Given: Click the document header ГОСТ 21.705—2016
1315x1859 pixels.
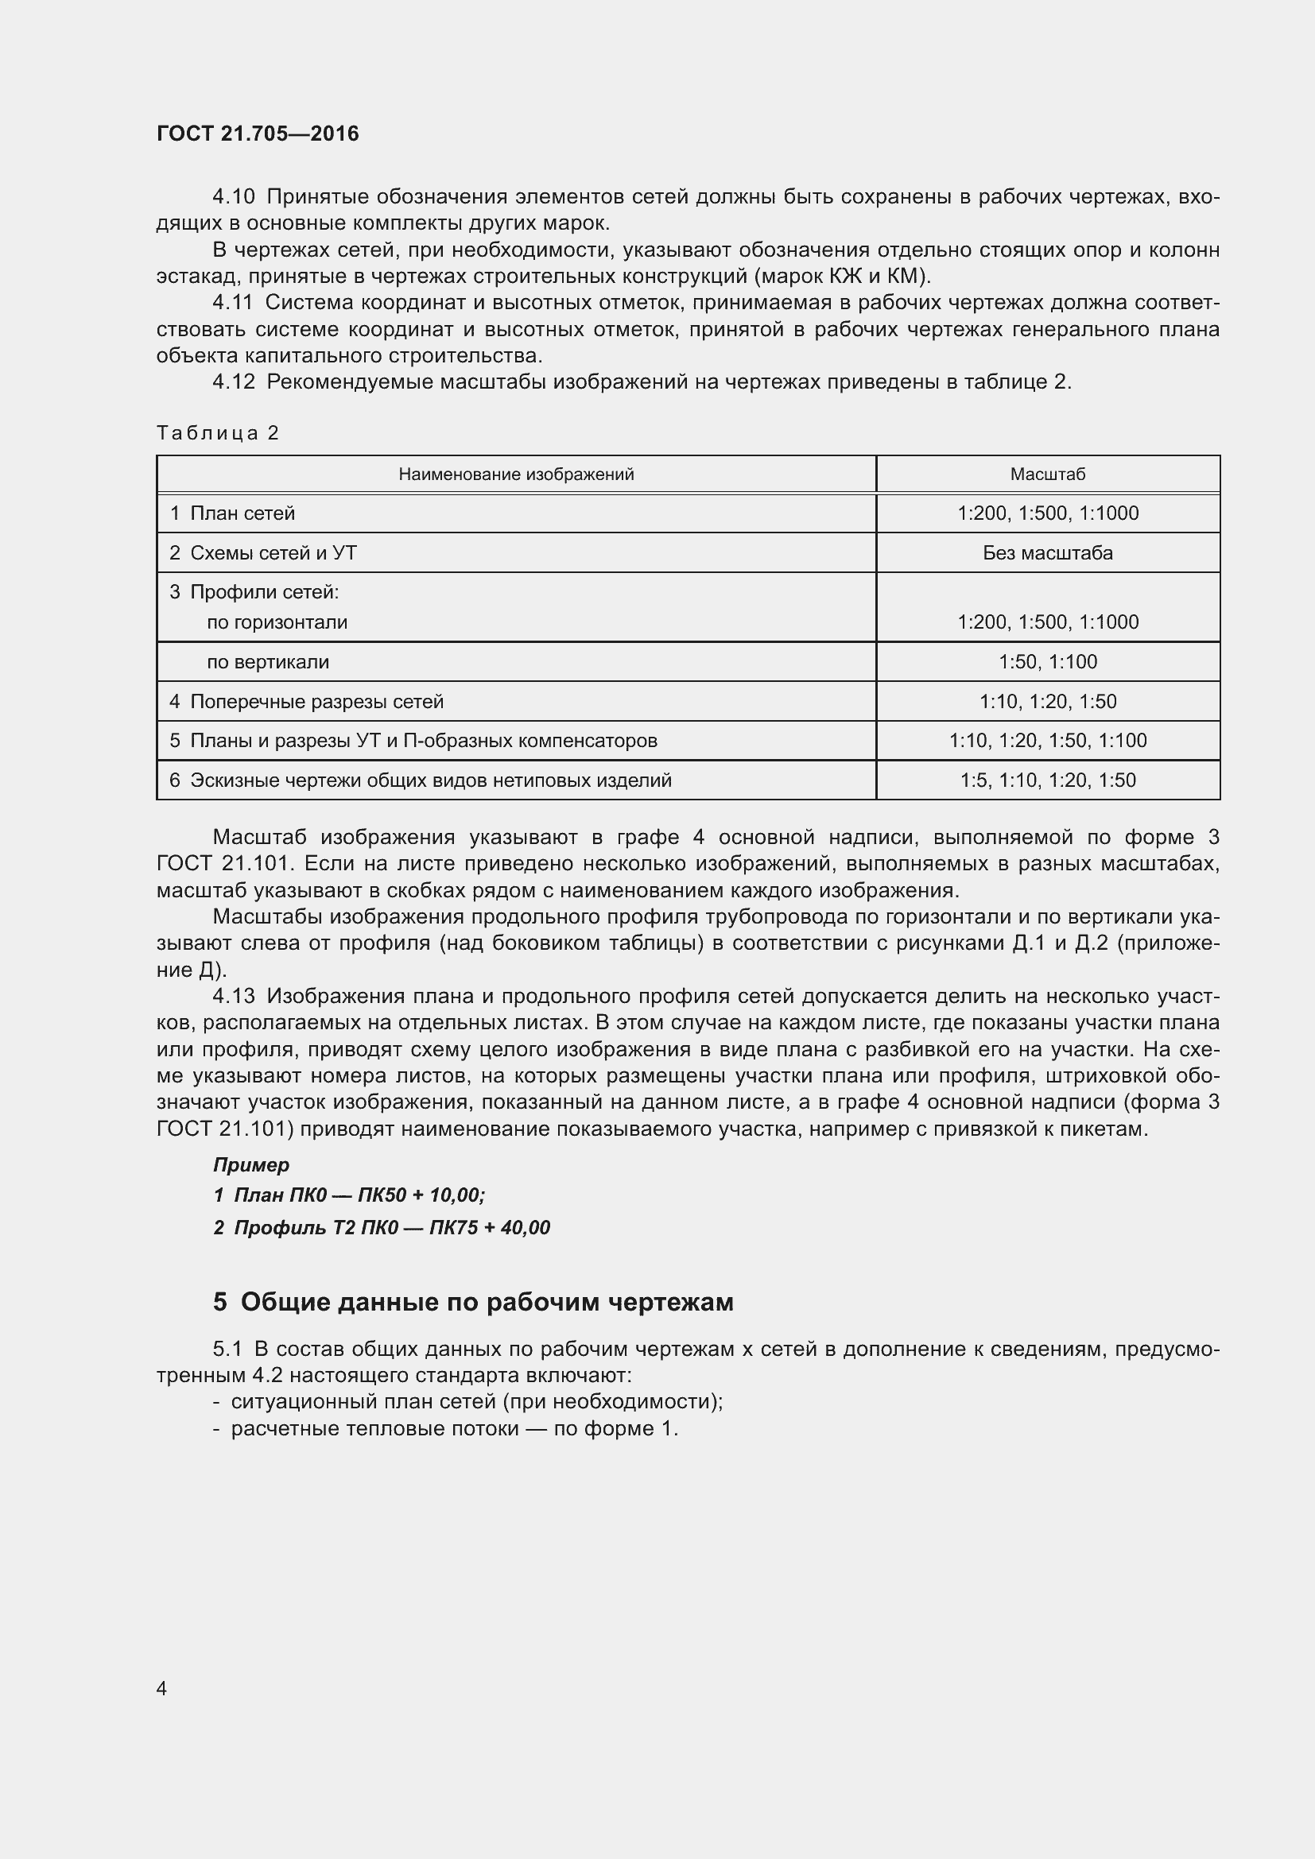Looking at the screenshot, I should click(x=258, y=134).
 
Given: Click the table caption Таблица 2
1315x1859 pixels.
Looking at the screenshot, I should click(x=217, y=433).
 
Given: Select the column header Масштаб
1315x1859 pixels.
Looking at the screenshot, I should click(x=1047, y=474).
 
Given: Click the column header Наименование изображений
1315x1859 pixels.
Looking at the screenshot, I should click(x=516, y=474).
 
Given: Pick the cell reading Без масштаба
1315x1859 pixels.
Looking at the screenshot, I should click(x=1047, y=553).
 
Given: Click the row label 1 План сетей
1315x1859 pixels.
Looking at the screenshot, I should click(x=232, y=513).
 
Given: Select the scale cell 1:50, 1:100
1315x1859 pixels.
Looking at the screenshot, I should click(x=1047, y=661).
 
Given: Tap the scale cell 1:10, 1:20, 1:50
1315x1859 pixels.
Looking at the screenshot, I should click(x=1047, y=701).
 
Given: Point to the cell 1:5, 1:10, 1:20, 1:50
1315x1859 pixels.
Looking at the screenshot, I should click(x=1047, y=780).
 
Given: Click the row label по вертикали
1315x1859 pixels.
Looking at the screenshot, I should click(x=268, y=661).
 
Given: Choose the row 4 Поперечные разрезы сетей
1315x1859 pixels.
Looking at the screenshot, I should click(x=307, y=701).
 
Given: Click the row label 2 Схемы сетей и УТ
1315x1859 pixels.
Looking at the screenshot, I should click(x=263, y=553).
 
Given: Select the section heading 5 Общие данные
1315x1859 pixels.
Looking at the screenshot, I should click(x=473, y=1302).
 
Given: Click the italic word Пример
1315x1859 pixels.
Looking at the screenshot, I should click(x=251, y=1165).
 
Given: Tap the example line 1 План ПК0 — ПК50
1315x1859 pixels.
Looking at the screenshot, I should click(x=349, y=1195).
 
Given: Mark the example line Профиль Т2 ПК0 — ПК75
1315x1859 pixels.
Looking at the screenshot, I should click(x=382, y=1227).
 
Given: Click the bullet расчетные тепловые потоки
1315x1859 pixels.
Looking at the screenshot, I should click(x=453, y=1428).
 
